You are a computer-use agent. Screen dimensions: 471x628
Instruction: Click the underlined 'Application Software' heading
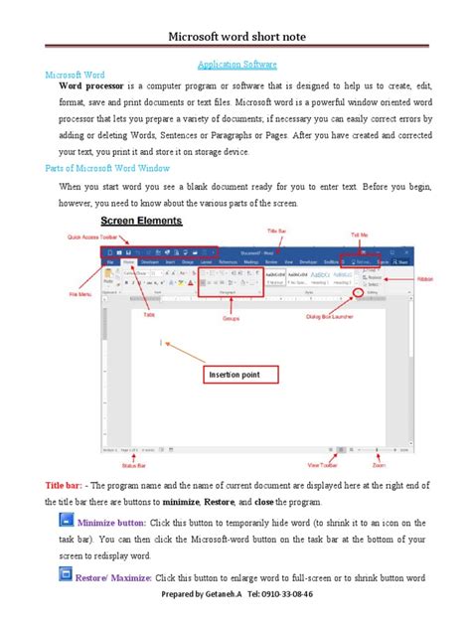point(235,64)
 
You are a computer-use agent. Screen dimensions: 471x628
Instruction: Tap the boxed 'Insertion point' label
point(239,376)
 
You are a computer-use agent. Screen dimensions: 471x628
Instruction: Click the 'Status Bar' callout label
point(126,461)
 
